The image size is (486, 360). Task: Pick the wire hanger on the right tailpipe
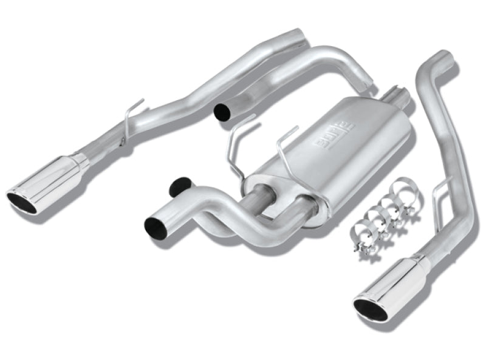pyautogui.click(x=439, y=190)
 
